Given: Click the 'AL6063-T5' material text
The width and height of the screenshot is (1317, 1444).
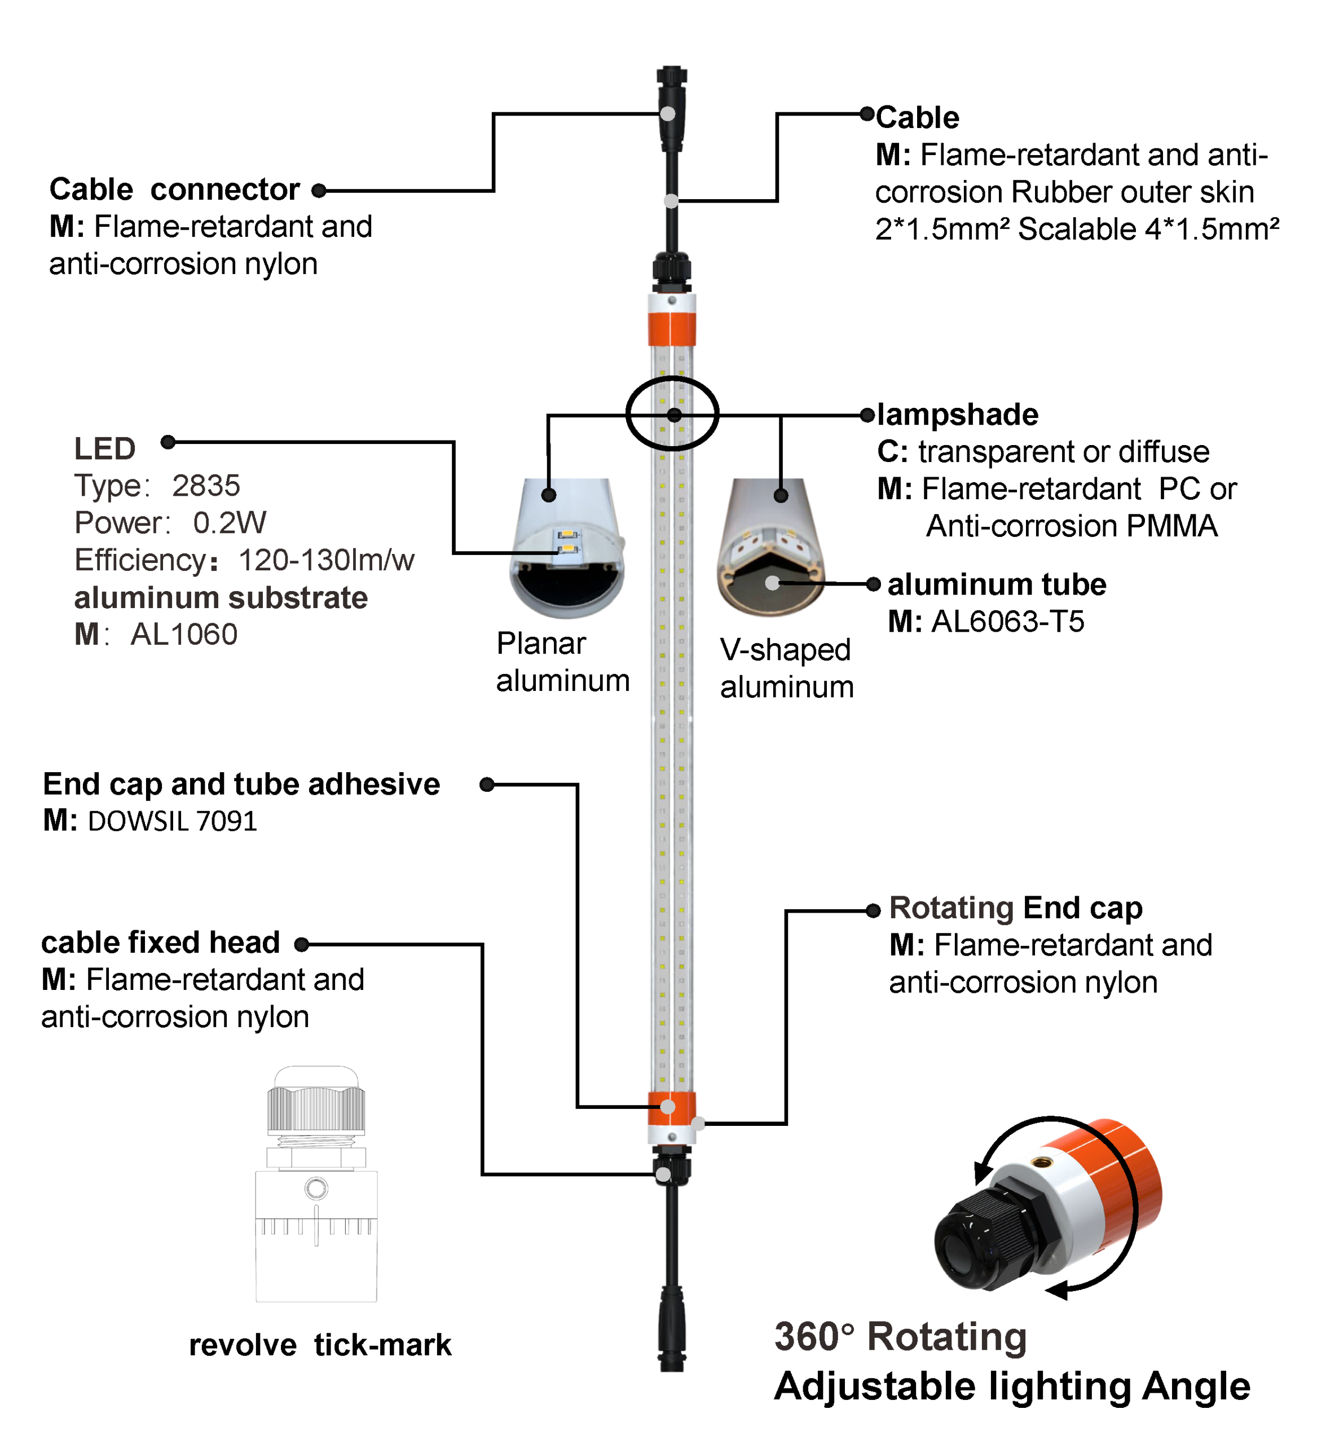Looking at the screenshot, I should pos(1007,622).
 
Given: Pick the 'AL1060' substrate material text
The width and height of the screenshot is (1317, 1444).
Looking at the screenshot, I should pos(183,635).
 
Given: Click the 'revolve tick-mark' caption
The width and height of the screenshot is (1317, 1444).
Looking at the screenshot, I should pos(320,1345).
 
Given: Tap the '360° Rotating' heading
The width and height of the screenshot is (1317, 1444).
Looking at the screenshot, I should pos(900,1337).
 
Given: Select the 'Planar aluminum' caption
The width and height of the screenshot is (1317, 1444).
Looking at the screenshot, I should pos(562,662).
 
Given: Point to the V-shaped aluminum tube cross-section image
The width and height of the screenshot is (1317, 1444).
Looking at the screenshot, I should pos(770,548).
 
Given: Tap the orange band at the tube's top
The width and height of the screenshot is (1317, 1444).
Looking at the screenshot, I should pos(671,329).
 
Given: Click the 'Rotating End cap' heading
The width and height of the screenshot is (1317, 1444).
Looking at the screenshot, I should pos(1015,908).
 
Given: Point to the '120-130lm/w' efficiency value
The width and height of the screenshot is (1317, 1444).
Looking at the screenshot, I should pos(326,560).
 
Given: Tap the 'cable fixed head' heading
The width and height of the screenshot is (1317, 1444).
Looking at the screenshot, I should pos(160,943).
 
